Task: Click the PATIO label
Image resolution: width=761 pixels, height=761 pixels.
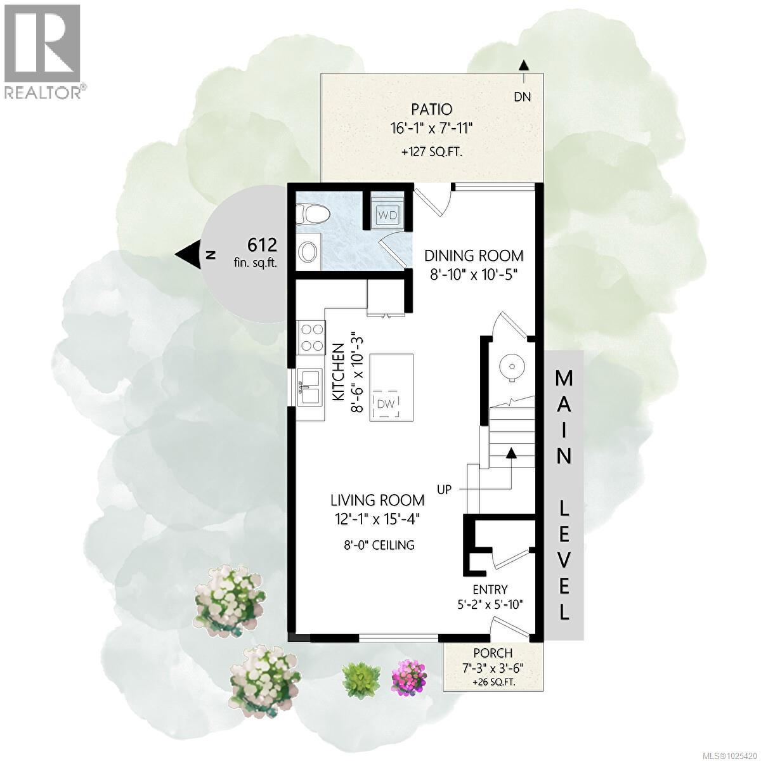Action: pyautogui.click(x=431, y=110)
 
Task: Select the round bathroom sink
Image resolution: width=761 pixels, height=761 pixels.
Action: pyautogui.click(x=309, y=252)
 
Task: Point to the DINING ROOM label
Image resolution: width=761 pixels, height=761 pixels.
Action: pyautogui.click(x=474, y=256)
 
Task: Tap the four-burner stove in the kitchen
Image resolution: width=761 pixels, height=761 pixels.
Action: pyautogui.click(x=311, y=337)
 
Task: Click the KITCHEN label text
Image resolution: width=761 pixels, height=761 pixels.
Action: pyautogui.click(x=339, y=372)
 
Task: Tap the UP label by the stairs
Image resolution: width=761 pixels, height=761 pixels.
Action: pyautogui.click(x=444, y=489)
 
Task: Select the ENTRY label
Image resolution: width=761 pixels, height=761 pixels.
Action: pyautogui.click(x=490, y=589)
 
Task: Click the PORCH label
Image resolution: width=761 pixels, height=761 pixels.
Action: pyautogui.click(x=492, y=653)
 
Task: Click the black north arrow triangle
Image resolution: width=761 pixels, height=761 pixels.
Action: pyautogui.click(x=188, y=254)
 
